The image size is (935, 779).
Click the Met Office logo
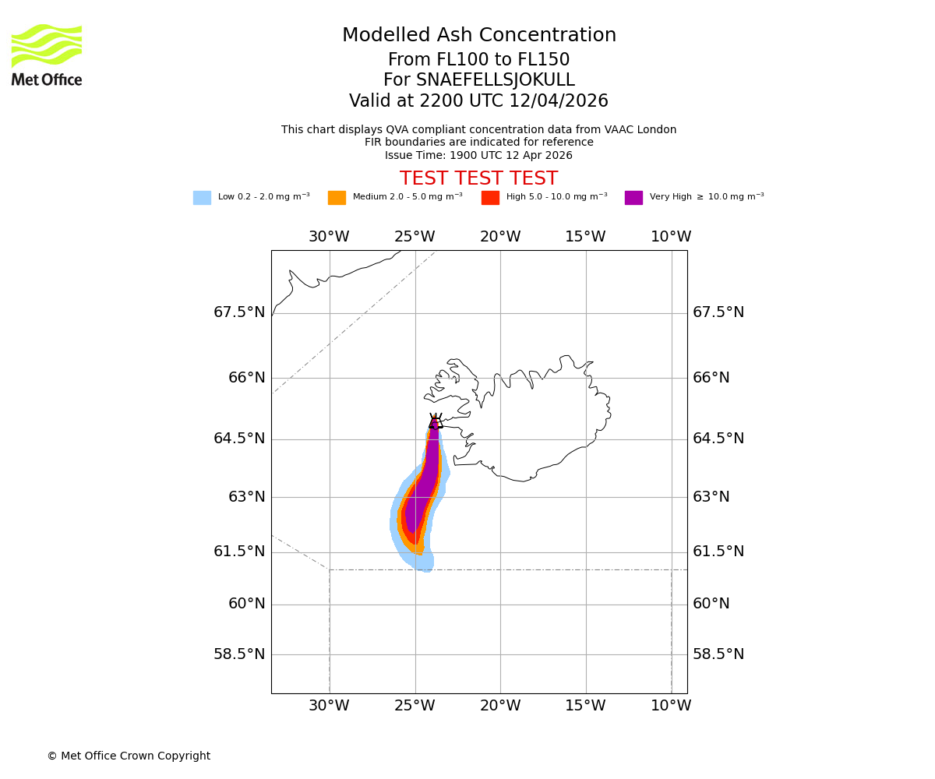(x=47, y=55)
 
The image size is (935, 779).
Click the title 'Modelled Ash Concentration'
(x=479, y=35)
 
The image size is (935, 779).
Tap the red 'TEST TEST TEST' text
(x=478, y=178)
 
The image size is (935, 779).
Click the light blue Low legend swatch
(x=202, y=198)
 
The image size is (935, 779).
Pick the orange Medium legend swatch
(x=337, y=198)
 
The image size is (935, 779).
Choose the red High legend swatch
(x=490, y=198)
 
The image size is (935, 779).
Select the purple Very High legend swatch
(x=633, y=198)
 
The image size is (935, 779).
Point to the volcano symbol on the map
(x=436, y=421)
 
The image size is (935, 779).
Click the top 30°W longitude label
(x=329, y=237)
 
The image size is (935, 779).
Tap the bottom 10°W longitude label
(x=671, y=706)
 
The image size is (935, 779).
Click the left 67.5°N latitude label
(x=239, y=312)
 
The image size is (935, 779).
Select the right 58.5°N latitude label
(x=718, y=654)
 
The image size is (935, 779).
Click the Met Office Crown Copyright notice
(x=129, y=756)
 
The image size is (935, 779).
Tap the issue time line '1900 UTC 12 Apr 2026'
(x=478, y=155)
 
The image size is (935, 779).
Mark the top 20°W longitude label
(x=500, y=237)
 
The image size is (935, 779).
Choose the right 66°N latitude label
(x=711, y=378)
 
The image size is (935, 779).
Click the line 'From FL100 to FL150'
(x=478, y=60)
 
